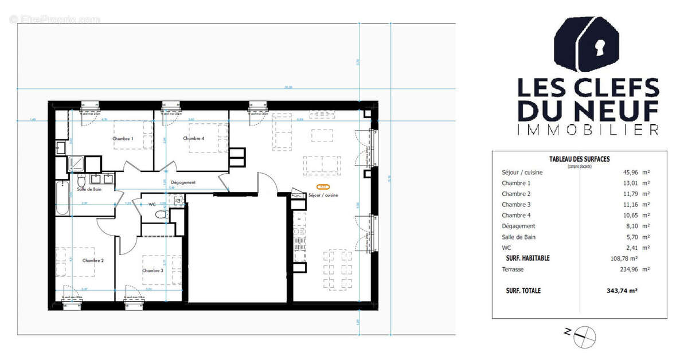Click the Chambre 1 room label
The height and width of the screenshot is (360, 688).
click(123, 139)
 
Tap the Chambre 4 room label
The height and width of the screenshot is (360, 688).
click(194, 138)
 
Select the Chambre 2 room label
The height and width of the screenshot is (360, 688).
click(93, 260)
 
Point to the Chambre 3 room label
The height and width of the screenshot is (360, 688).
click(153, 271)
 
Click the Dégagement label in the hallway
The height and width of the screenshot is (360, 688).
click(183, 182)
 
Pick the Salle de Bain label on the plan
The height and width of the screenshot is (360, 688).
click(90, 189)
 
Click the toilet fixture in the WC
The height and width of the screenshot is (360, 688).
click(161, 214)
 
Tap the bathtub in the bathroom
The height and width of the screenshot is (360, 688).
click(63, 198)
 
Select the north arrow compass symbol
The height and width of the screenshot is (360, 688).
click(585, 336)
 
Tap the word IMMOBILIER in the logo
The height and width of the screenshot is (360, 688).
click(588, 130)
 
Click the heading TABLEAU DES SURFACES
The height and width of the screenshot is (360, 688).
click(579, 159)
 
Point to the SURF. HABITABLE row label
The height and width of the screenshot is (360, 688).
click(527, 258)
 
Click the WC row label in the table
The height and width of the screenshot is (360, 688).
click(506, 248)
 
